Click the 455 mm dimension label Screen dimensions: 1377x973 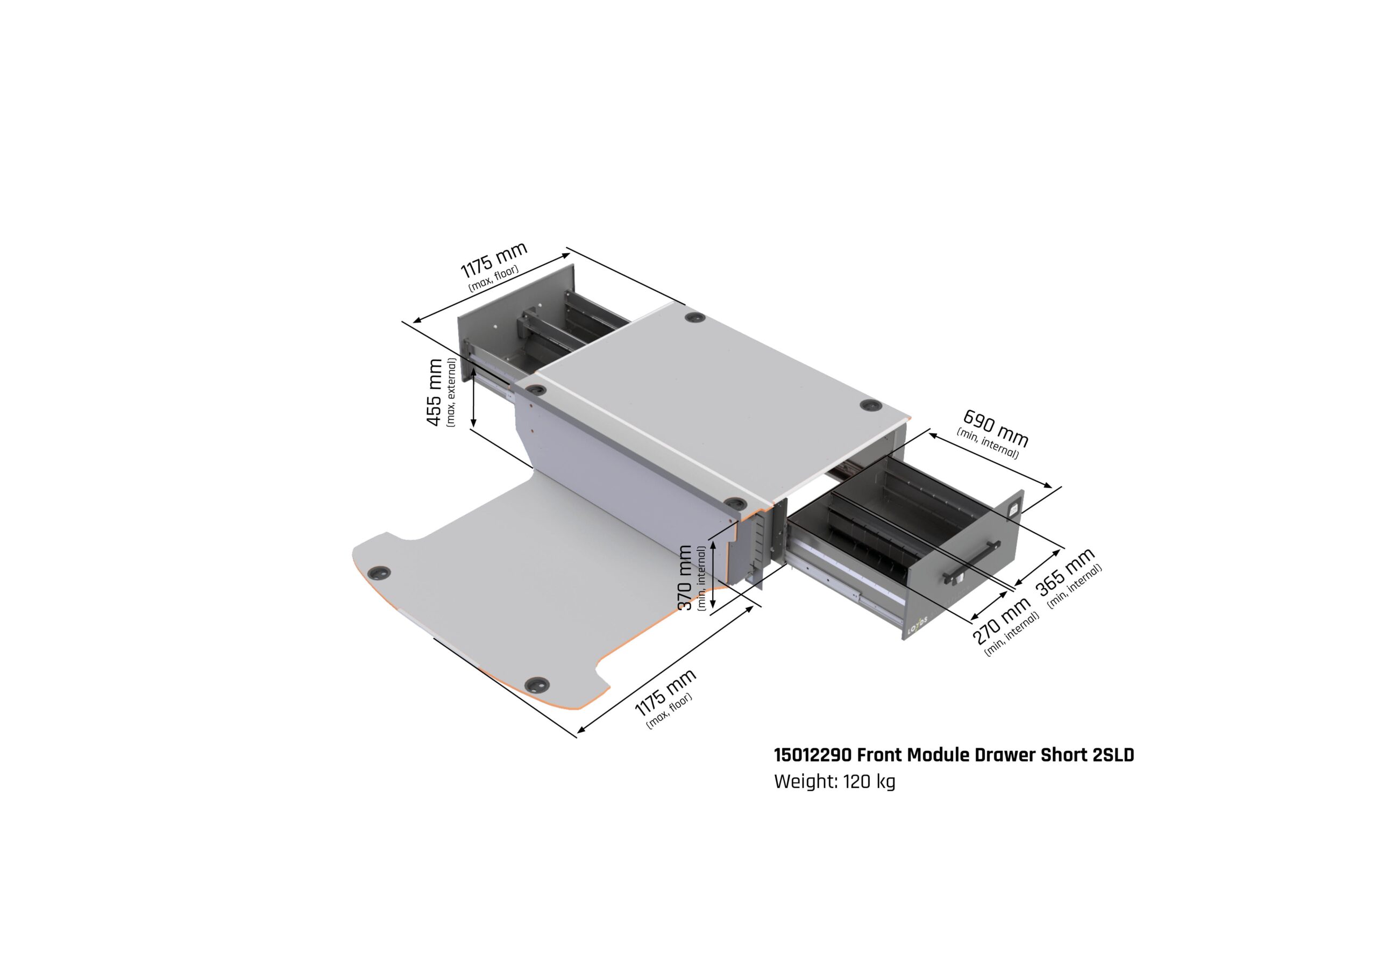tap(434, 392)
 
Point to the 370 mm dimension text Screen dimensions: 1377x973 tap(685, 578)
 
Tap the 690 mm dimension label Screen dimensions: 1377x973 tap(996, 427)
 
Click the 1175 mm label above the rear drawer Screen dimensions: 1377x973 tap(494, 260)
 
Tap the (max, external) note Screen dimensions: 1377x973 tap(451, 392)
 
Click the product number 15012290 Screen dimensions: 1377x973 tap(813, 755)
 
